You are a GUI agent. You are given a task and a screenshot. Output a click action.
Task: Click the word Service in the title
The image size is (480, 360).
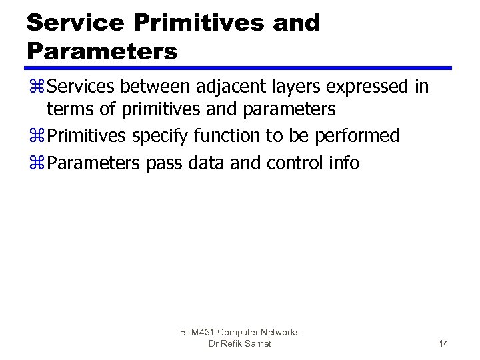(x=75, y=22)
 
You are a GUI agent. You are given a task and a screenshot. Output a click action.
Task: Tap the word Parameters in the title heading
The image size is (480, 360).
(x=102, y=51)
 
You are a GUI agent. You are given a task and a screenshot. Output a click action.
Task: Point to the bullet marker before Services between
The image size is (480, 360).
(x=35, y=88)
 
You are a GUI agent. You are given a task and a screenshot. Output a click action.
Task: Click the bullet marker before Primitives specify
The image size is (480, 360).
(x=35, y=137)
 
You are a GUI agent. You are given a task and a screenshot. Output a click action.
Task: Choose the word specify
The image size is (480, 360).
(x=160, y=137)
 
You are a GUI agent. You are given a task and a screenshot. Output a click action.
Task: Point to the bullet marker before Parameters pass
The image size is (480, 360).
(x=35, y=164)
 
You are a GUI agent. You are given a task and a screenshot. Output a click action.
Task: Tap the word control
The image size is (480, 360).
(x=291, y=163)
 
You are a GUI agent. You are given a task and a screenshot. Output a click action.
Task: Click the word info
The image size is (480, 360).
(x=342, y=163)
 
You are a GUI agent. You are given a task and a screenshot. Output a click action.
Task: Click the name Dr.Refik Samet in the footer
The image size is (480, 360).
(x=239, y=343)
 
